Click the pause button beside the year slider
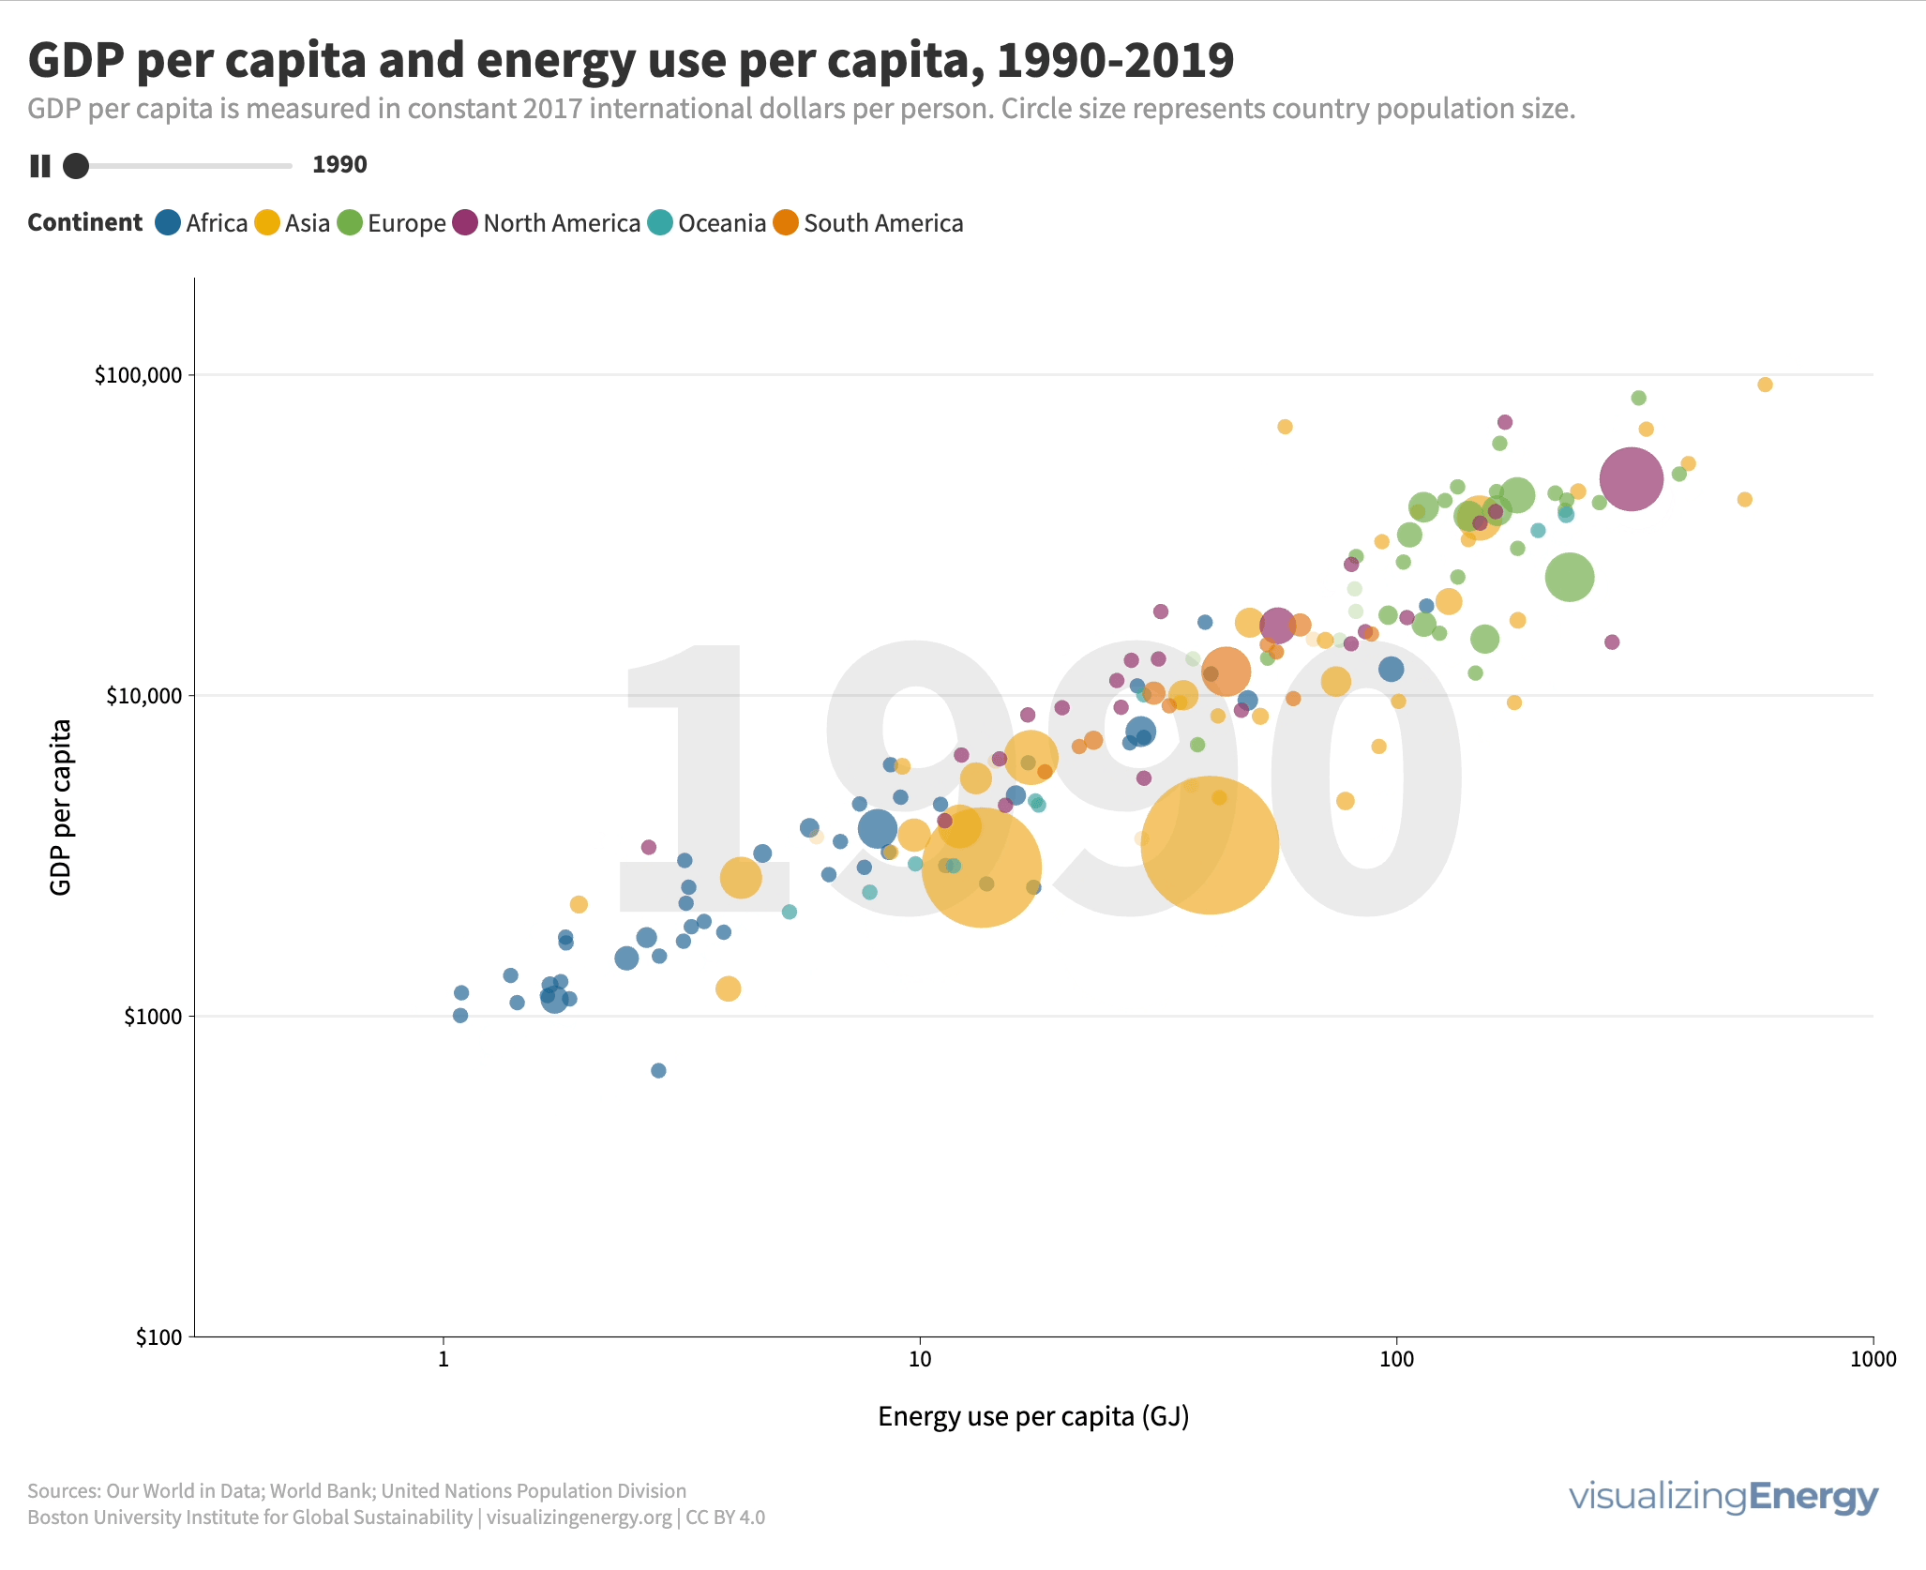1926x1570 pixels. click(40, 166)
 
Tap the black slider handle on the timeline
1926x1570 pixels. click(76, 166)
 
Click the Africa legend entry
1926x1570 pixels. click(202, 223)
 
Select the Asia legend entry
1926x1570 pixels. click(293, 223)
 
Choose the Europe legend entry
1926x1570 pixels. click(392, 223)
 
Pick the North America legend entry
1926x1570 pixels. click(547, 223)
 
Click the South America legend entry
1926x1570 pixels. click(868, 223)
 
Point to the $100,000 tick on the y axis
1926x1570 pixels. click(138, 375)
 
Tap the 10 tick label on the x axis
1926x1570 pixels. click(920, 1359)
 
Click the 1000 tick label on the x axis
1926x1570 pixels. click(1873, 1359)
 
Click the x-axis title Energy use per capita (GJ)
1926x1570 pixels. click(1033, 1416)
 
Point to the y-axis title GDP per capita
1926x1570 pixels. click(61, 807)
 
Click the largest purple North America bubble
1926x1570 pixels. click(1631, 479)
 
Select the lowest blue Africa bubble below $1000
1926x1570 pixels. click(658, 1070)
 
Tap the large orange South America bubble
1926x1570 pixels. click(1225, 671)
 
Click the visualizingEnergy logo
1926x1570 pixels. click(1723, 1497)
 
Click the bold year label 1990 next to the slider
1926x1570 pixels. click(339, 165)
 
